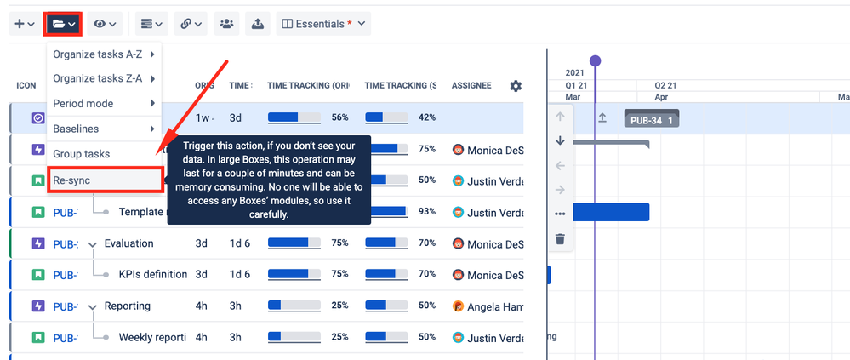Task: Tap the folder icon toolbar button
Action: (x=64, y=24)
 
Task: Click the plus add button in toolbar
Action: (x=24, y=24)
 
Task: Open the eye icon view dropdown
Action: (x=106, y=24)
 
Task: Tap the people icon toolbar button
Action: (x=226, y=24)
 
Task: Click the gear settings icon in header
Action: (x=516, y=86)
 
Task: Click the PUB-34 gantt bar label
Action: (x=651, y=120)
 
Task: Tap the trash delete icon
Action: (x=560, y=239)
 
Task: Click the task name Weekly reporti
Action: (x=152, y=338)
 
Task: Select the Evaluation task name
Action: (x=128, y=243)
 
